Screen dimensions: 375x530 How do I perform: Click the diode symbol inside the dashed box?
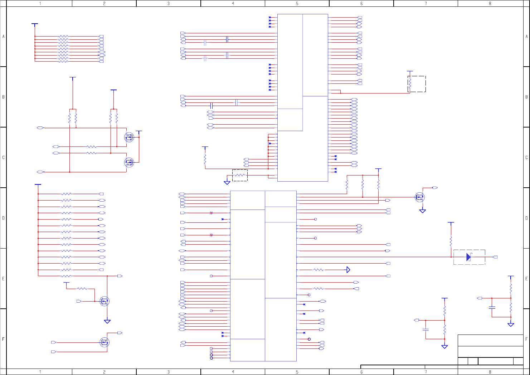pyautogui.click(x=468, y=257)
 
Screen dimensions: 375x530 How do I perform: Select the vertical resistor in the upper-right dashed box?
pyautogui.click(x=410, y=84)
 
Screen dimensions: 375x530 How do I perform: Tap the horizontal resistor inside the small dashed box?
pyautogui.click(x=240, y=175)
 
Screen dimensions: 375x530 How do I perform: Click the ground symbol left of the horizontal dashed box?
pyautogui.click(x=227, y=182)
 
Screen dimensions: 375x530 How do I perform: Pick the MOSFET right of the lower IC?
pyautogui.click(x=419, y=197)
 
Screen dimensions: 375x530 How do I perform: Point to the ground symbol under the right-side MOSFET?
pyautogui.click(x=423, y=211)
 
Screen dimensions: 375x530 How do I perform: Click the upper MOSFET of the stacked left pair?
pyautogui.click(x=129, y=137)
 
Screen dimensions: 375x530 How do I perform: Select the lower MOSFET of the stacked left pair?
pyautogui.click(x=129, y=162)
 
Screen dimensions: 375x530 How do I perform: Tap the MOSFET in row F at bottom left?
pyautogui.click(x=104, y=342)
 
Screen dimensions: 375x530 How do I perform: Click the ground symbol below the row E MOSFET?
pyautogui.click(x=107, y=321)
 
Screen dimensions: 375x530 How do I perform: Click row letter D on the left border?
pyautogui.click(x=4, y=218)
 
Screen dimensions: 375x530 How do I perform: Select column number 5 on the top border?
pyautogui.click(x=297, y=3)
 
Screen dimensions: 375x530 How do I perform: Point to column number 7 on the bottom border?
pyautogui.click(x=426, y=372)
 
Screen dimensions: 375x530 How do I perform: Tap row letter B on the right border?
pyautogui.click(x=526, y=97)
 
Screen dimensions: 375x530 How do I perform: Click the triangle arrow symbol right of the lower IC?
pyautogui.click(x=348, y=270)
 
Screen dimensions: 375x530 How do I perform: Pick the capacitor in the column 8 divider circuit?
pyautogui.click(x=492, y=307)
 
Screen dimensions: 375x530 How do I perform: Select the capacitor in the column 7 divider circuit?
pyautogui.click(x=426, y=329)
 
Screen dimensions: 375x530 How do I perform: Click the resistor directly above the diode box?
pyautogui.click(x=451, y=240)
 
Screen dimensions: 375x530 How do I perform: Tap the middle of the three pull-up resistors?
pyautogui.click(x=363, y=184)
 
